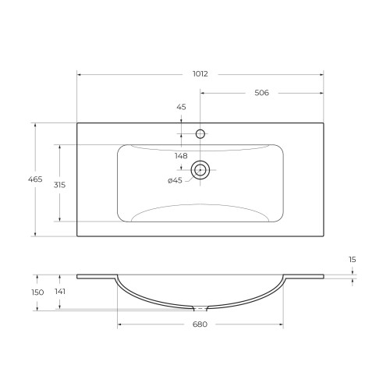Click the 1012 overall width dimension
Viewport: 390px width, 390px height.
(200, 74)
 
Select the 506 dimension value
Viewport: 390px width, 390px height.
(261, 93)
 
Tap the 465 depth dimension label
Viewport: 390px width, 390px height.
(35, 179)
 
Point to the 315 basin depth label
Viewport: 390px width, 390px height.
(59, 185)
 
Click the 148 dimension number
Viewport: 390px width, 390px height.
(181, 156)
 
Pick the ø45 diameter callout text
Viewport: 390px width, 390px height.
(175, 180)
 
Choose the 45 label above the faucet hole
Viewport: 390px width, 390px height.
(181, 107)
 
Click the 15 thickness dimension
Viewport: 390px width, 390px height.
(353, 260)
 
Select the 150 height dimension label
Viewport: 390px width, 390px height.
(37, 292)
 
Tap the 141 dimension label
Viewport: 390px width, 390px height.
(60, 292)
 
